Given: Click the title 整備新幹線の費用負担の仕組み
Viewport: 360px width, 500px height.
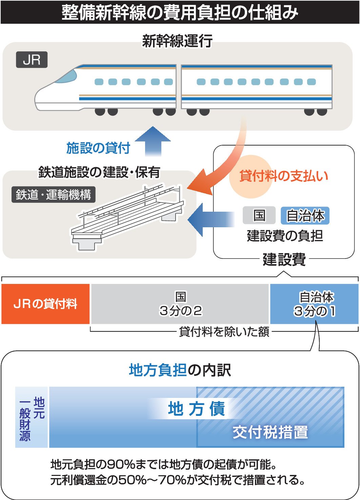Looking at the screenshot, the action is pyautogui.click(x=180, y=13).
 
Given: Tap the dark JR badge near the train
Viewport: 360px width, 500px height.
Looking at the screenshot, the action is pyautogui.click(x=32, y=60).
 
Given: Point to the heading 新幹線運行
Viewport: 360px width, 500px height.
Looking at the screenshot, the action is pyautogui.click(x=177, y=41).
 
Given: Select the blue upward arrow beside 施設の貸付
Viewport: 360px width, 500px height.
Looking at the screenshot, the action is pyautogui.click(x=153, y=141).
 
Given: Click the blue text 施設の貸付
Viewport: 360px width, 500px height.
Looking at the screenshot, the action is pyautogui.click(x=98, y=148).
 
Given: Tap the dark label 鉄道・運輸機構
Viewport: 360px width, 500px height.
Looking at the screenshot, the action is pyautogui.click(x=53, y=194).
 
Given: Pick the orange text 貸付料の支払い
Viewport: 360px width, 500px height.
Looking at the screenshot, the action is pyautogui.click(x=284, y=176).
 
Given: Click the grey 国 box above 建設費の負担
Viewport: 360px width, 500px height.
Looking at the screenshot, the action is pyautogui.click(x=259, y=215).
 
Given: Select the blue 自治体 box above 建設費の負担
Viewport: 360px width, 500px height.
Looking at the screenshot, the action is pyautogui.click(x=305, y=216).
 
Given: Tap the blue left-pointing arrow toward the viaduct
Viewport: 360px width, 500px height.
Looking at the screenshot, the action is pyautogui.click(x=211, y=220).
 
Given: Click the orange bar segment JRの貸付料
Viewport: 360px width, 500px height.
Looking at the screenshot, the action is pyautogui.click(x=45, y=304).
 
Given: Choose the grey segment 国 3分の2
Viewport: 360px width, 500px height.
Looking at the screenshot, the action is pyautogui.click(x=180, y=304).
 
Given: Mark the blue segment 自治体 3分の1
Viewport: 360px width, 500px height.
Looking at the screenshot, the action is pyautogui.click(x=314, y=304).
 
